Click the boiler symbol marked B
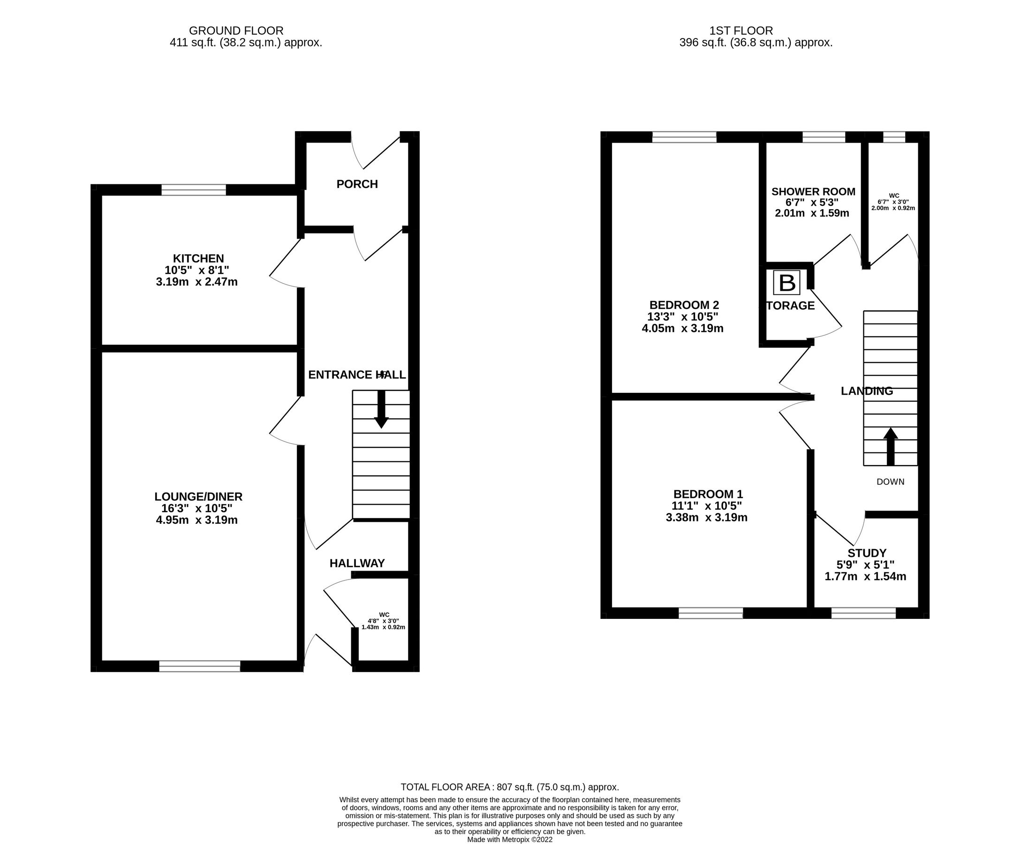[786, 283]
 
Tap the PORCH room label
[357, 184]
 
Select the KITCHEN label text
[198, 258]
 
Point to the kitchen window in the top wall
[193, 189]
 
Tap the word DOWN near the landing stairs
[890, 482]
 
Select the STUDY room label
[867, 553]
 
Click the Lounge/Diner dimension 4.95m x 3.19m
[196, 520]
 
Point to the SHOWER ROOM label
[813, 192]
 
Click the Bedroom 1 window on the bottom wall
[710, 613]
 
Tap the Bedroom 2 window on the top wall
[684, 137]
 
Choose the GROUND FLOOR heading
[236, 31]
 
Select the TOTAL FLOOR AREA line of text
[509, 787]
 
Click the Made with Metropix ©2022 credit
[509, 840]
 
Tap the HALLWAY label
[357, 563]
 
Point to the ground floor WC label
[384, 615]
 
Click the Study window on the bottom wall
[863, 613]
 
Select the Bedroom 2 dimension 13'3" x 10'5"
[682, 316]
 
